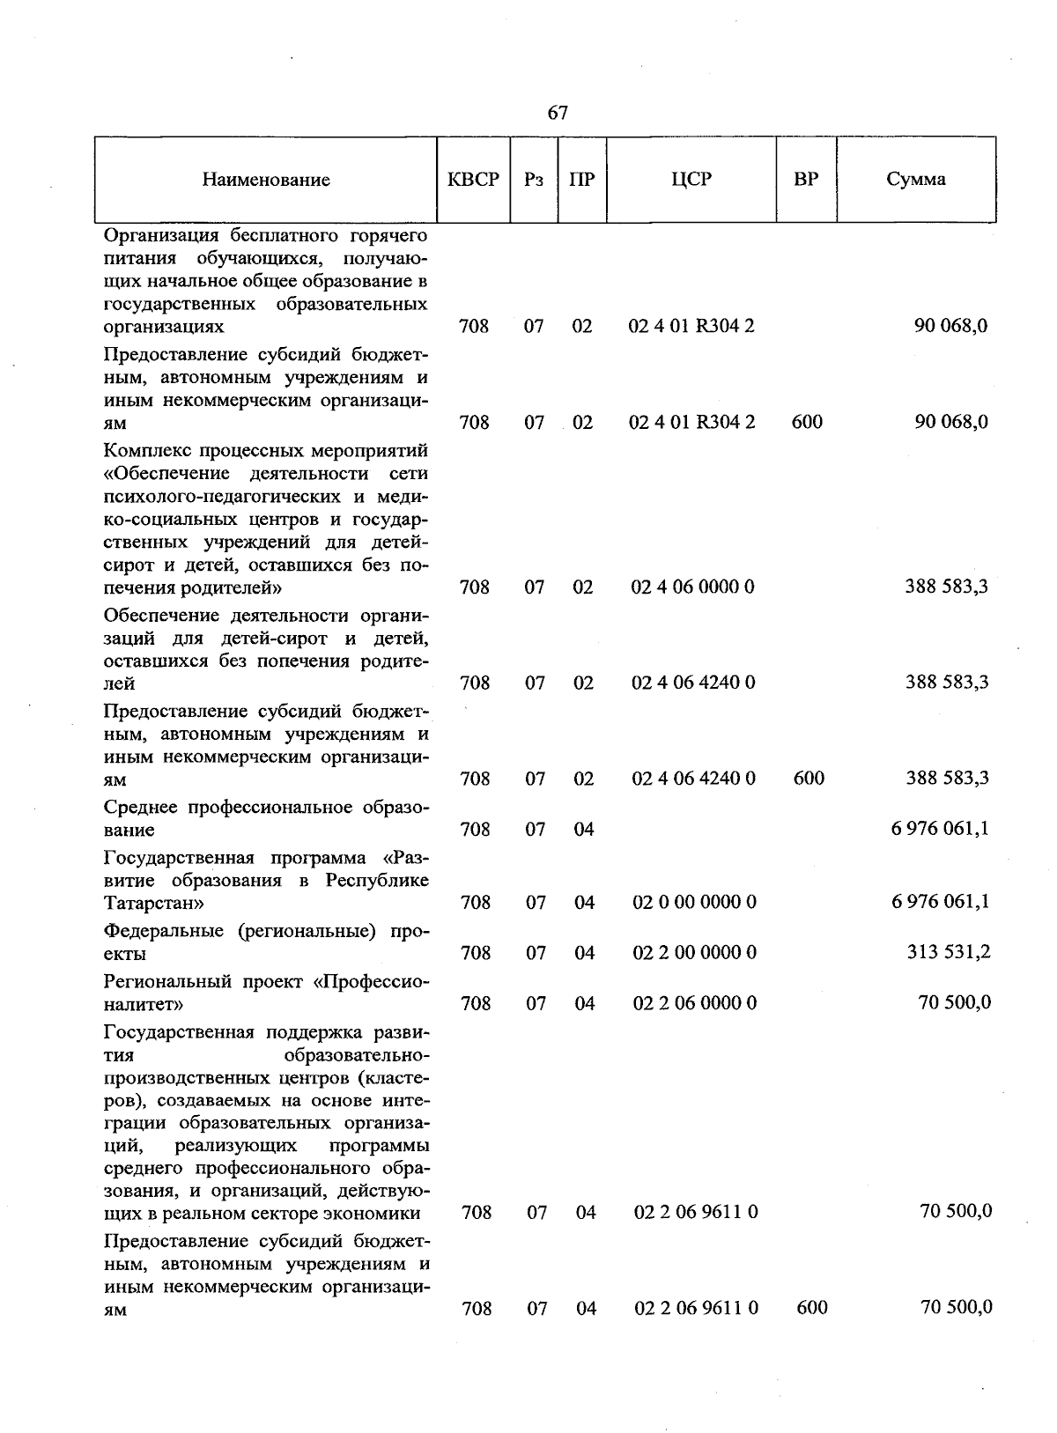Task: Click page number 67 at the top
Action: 558,113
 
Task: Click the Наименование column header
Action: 266,180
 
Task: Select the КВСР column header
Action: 473,179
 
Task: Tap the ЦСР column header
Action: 691,179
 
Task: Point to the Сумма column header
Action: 916,179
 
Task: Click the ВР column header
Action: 805,179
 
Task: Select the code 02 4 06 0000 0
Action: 693,587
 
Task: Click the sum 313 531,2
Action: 949,952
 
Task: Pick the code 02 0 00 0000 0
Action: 694,902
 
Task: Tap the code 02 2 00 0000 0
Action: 694,952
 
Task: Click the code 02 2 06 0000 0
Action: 694,1002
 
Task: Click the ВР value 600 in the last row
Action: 811,1308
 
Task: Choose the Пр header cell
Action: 581,179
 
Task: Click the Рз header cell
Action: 534,179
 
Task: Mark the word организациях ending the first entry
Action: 164,327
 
